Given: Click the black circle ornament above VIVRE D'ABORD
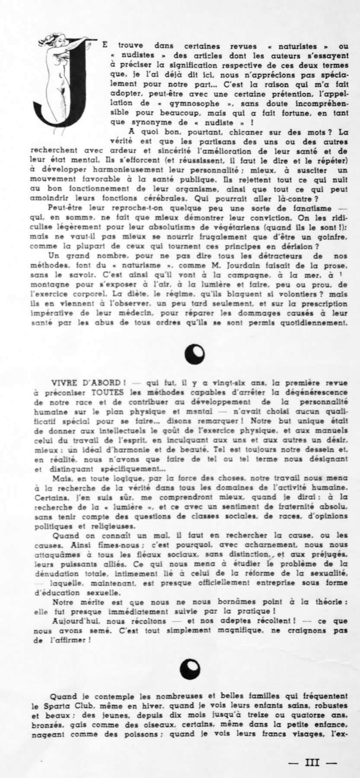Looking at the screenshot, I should click(x=194, y=354).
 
